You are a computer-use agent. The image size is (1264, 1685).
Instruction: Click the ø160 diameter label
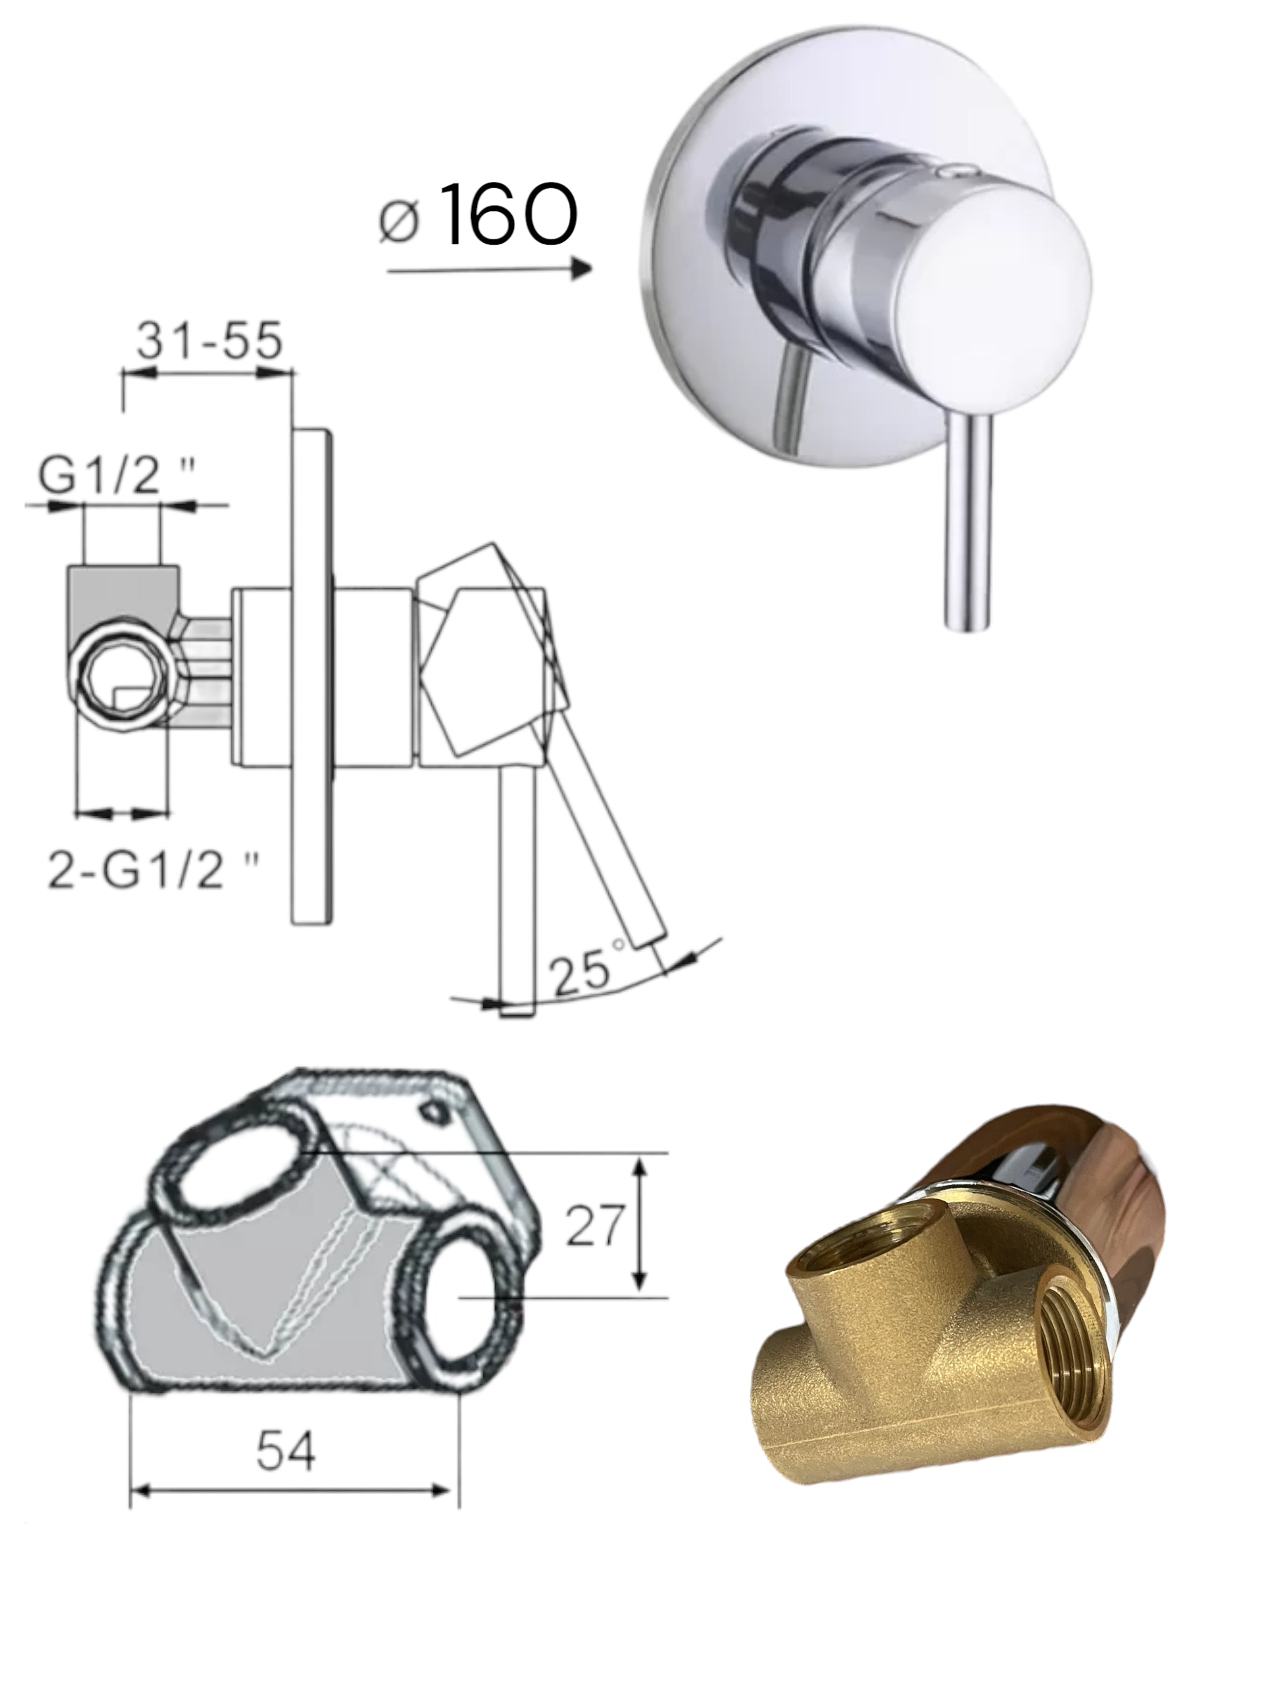click(x=478, y=215)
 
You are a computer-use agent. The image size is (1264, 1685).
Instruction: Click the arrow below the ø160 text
click(x=489, y=269)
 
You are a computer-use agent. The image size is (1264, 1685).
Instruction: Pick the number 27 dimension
click(x=594, y=1247)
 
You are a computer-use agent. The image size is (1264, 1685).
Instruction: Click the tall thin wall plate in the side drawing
click(x=312, y=674)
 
